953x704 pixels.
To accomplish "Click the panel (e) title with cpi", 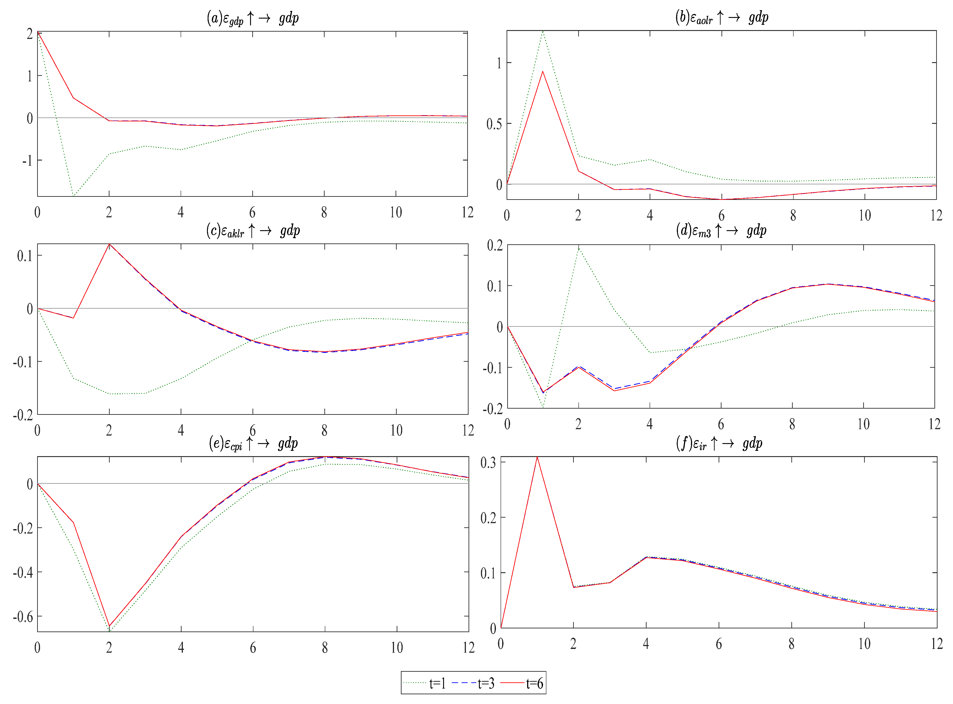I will click(253, 444).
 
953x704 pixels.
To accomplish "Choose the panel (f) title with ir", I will click(719, 444).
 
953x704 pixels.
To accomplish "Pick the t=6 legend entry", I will click(522, 683).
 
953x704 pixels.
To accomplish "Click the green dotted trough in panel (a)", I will click(73, 196).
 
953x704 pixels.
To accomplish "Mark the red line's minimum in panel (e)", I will click(109, 626).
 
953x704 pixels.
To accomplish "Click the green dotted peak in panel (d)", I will click(578, 247).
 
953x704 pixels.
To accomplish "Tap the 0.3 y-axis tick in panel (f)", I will click(488, 462).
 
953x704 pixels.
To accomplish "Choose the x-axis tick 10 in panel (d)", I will click(863, 424).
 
